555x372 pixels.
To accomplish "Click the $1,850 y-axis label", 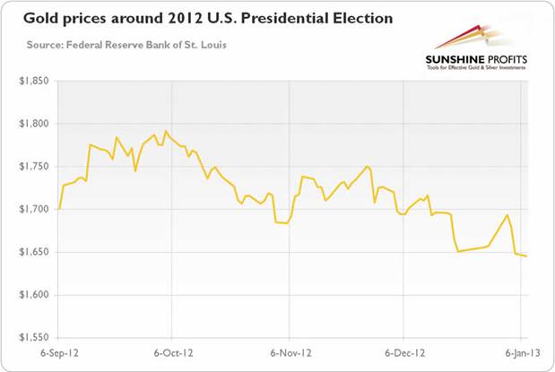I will (32, 81).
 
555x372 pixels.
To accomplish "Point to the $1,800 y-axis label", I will (32, 124).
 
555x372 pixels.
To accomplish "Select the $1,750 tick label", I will (32, 167).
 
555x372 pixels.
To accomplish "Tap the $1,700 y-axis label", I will (32, 209).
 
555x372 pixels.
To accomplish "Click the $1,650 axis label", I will (32, 252).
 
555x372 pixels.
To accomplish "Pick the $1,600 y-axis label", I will (32, 295).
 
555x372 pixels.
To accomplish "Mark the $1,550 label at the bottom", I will (32, 338).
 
